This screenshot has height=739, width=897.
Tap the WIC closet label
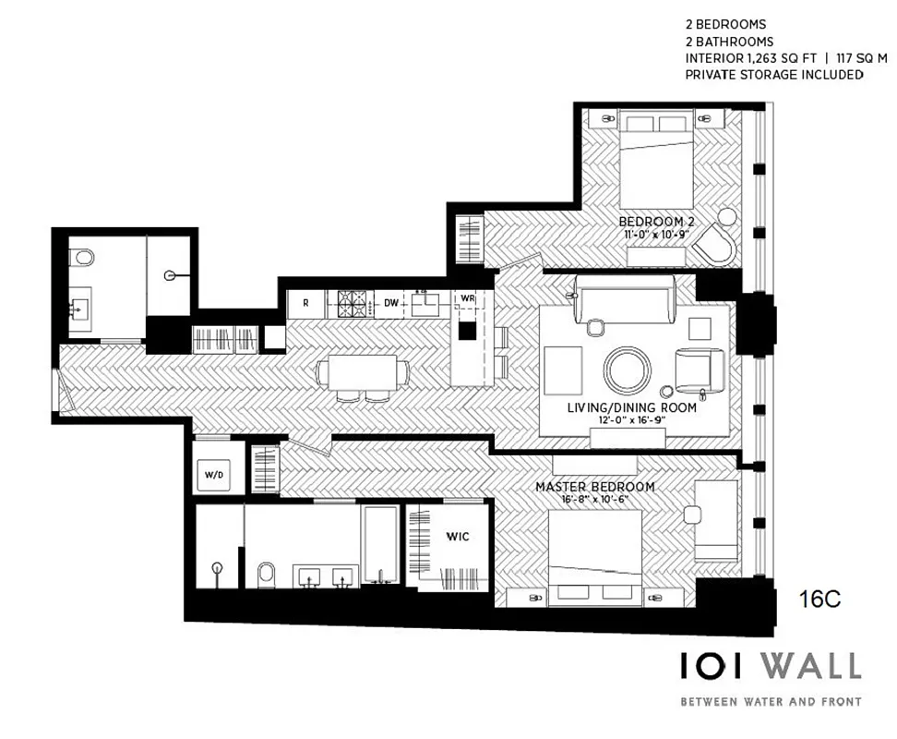click(460, 537)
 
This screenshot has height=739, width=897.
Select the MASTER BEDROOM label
click(595, 487)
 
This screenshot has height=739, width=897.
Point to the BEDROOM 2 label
click(656, 223)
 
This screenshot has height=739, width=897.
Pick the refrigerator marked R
click(305, 301)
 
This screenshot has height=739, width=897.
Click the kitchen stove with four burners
click(352, 301)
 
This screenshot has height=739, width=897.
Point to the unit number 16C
click(819, 600)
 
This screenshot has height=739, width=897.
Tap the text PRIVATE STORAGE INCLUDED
click(773, 75)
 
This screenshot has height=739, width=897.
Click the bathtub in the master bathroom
click(380, 545)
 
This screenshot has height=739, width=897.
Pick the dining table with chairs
click(363, 374)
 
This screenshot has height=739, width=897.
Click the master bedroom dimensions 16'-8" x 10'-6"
click(595, 500)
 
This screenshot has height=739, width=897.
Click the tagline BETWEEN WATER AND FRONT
click(770, 702)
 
